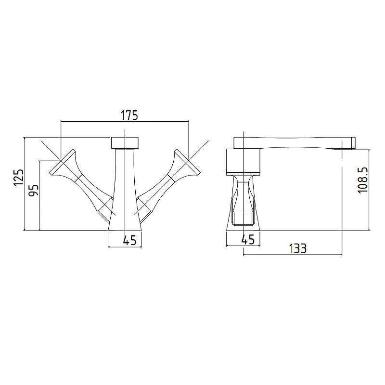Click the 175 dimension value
tap(129, 115)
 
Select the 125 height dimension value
tap(19, 178)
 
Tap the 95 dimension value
tap(34, 190)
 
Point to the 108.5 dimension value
tap(363, 180)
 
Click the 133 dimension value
tap(297, 248)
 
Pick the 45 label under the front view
tap(129, 240)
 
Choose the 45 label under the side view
tap(248, 239)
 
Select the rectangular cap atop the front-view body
tap(125, 143)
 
